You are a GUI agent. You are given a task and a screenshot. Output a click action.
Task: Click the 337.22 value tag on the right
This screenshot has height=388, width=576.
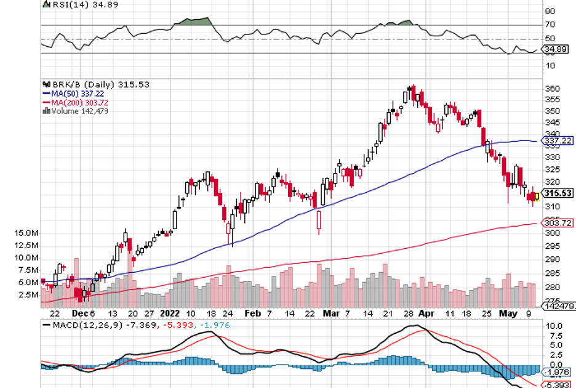558,141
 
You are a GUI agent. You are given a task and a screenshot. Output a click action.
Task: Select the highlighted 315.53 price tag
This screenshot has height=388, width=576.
558,193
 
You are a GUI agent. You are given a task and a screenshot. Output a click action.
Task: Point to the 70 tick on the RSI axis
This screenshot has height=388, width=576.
550,25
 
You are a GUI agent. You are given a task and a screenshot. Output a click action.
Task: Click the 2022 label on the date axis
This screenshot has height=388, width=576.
169,312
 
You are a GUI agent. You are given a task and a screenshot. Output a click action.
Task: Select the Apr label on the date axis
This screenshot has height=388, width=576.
425,312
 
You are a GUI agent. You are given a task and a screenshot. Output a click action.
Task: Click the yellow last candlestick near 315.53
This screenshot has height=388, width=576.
537,197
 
